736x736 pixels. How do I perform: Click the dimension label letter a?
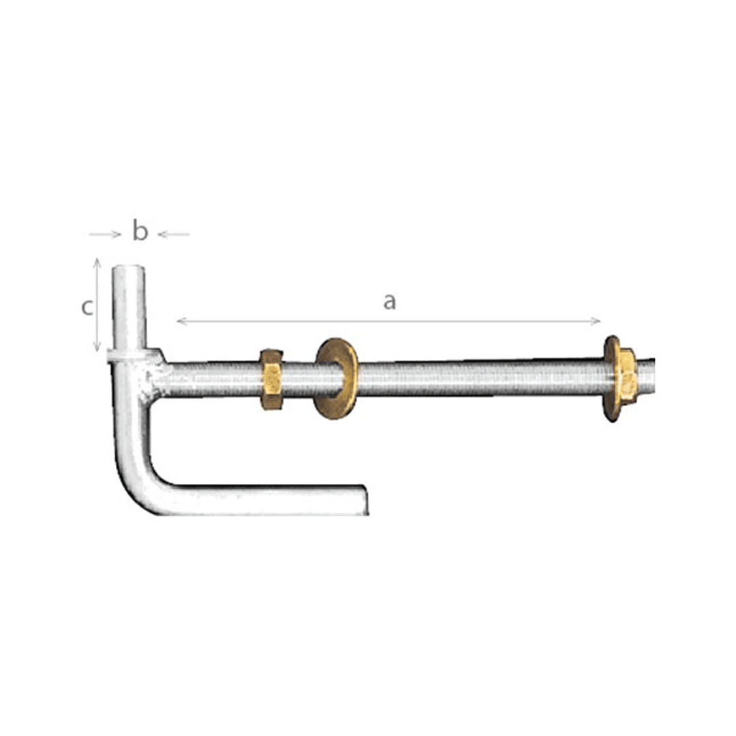point(389,301)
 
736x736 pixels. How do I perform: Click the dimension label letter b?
point(140,232)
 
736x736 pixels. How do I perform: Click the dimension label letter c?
point(87,308)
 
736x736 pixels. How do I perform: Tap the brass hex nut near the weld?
point(271,379)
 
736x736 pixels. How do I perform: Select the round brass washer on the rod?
point(335,378)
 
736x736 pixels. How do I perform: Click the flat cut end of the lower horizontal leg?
point(365,499)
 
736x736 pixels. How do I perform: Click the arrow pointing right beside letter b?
point(115,234)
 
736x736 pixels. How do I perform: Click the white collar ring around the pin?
point(129,356)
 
